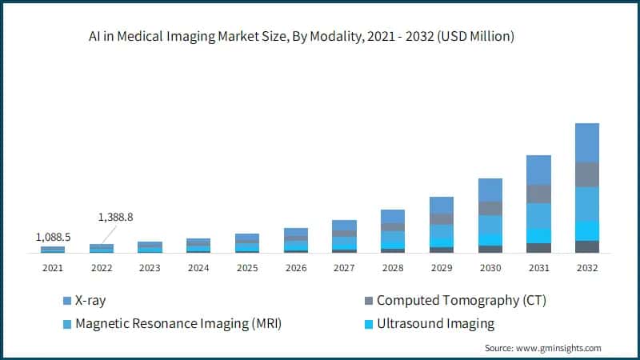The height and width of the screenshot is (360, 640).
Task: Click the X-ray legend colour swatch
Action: click(x=66, y=301)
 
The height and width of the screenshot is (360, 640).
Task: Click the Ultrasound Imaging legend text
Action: click(x=435, y=324)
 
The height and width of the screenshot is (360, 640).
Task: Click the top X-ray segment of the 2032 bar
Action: click(x=587, y=142)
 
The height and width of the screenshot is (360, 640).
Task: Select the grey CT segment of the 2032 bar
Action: click(x=587, y=174)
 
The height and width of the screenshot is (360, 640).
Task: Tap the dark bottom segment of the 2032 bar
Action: click(x=587, y=246)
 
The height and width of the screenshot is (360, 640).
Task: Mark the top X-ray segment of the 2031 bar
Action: click(x=538, y=170)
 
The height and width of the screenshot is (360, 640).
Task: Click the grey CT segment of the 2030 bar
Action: click(x=490, y=208)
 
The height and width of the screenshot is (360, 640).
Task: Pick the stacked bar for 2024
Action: click(x=198, y=246)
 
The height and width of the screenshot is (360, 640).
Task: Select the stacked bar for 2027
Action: click(x=344, y=237)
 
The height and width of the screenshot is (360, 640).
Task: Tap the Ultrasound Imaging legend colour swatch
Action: click(x=367, y=324)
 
